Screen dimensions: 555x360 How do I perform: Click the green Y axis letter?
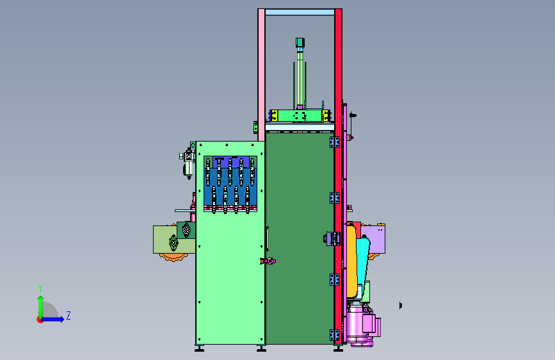coord(40,288)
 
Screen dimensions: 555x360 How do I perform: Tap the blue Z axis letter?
coord(68,315)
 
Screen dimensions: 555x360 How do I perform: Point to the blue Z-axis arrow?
coord(53,319)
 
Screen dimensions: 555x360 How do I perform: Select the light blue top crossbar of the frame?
coord(300,12)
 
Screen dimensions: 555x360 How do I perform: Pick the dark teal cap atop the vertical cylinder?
coord(300,42)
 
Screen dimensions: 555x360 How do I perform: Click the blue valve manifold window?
coord(230,184)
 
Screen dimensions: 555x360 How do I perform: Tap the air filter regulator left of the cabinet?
coord(188,163)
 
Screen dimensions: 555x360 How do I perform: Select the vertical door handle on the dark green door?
coord(267,238)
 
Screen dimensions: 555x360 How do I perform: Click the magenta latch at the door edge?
coord(268,261)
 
